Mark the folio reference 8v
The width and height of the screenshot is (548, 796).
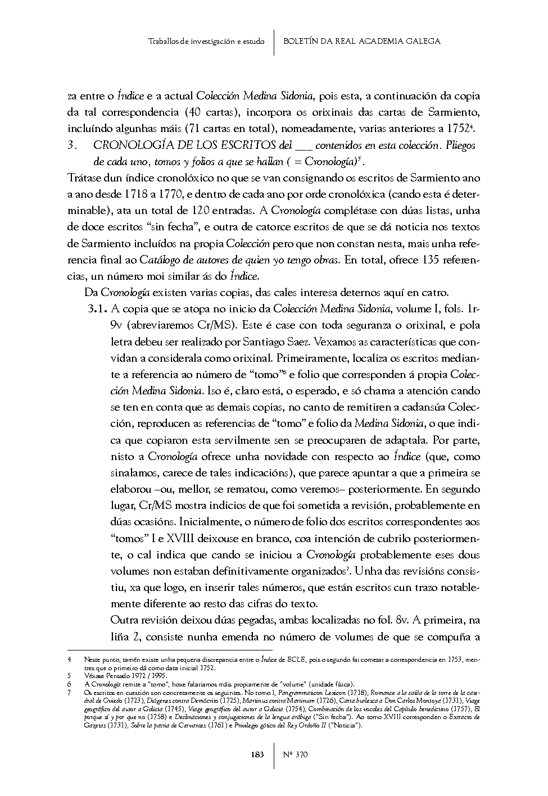(401, 621)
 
